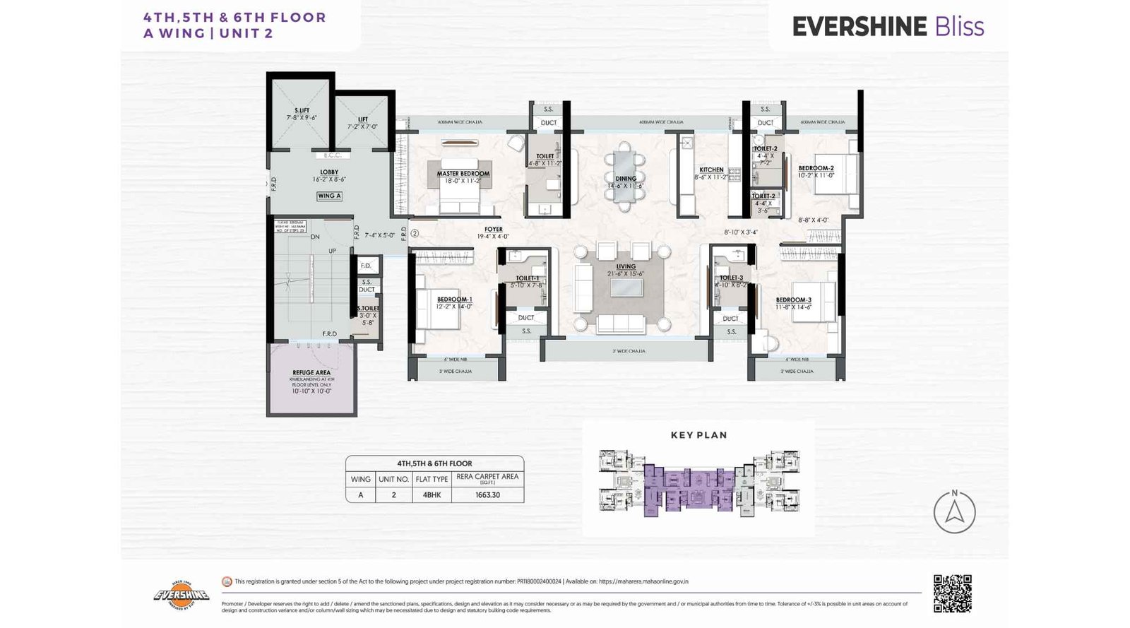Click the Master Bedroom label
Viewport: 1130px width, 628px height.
point(463,173)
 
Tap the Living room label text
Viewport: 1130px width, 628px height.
point(626,266)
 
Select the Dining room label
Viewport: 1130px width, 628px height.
point(626,179)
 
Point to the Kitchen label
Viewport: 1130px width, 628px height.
point(711,170)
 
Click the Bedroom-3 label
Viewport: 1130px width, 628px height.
point(793,300)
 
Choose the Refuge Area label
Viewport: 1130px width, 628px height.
point(311,372)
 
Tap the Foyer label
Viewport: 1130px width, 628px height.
point(494,229)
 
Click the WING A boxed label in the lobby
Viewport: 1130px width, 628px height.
point(329,196)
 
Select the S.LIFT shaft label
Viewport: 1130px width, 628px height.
point(302,110)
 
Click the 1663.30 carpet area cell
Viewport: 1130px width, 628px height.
point(487,494)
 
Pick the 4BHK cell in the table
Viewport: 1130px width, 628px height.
point(432,494)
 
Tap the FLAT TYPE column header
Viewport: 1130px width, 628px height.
point(432,479)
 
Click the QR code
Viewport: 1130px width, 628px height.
point(952,593)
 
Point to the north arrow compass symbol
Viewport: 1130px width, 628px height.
point(954,511)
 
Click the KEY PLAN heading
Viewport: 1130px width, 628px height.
point(698,435)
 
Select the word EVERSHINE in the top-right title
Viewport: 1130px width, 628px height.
point(859,27)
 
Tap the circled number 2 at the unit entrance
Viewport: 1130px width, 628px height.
point(415,232)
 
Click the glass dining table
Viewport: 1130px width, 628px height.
point(624,177)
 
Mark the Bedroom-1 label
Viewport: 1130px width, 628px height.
point(454,300)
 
